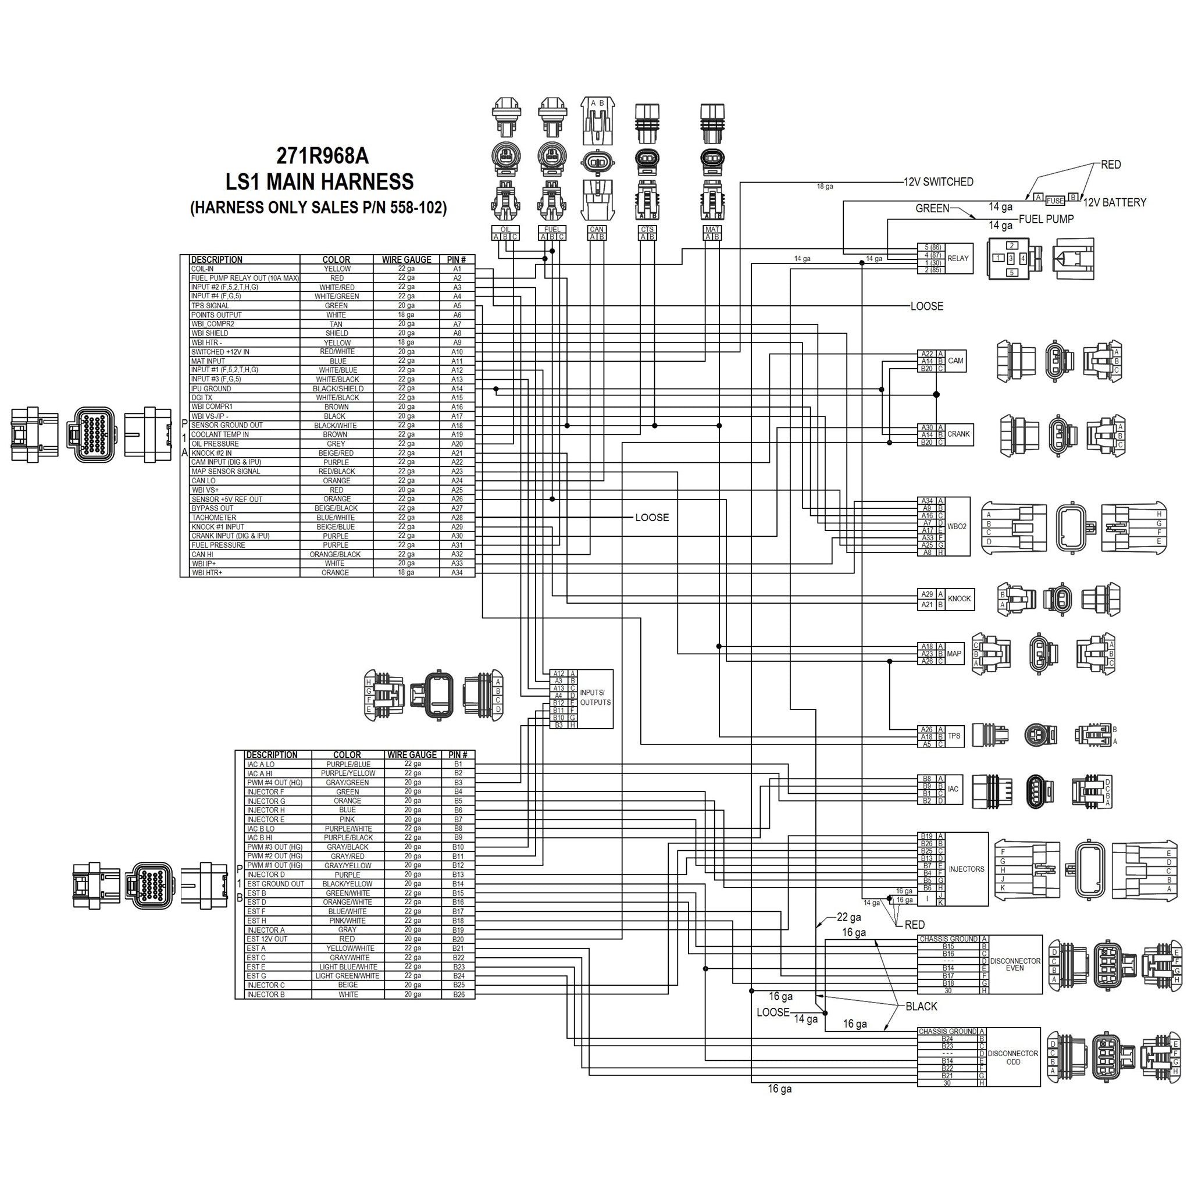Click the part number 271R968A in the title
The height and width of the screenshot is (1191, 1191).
(322, 156)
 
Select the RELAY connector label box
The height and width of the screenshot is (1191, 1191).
(957, 258)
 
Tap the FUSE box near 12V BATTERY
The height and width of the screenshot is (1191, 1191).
(1055, 201)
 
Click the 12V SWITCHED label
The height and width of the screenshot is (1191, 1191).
(938, 182)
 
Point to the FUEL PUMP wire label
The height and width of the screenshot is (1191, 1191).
(1046, 219)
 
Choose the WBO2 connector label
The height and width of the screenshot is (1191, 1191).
(957, 526)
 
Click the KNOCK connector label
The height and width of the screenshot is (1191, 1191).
(959, 598)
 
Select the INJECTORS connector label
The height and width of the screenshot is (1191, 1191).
(966, 869)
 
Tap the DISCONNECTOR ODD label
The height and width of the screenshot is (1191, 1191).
(1013, 1057)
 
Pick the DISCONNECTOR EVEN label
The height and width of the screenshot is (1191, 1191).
(1015, 964)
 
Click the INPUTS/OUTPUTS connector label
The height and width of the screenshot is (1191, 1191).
(595, 697)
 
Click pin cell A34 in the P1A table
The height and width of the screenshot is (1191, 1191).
(457, 573)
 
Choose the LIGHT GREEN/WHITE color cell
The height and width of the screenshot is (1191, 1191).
(347, 976)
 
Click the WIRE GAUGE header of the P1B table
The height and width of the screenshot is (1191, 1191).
(412, 754)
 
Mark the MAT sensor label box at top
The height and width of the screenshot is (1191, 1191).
(712, 229)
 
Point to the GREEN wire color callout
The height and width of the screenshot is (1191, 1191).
(932, 208)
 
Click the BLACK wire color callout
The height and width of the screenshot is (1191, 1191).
(921, 1006)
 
